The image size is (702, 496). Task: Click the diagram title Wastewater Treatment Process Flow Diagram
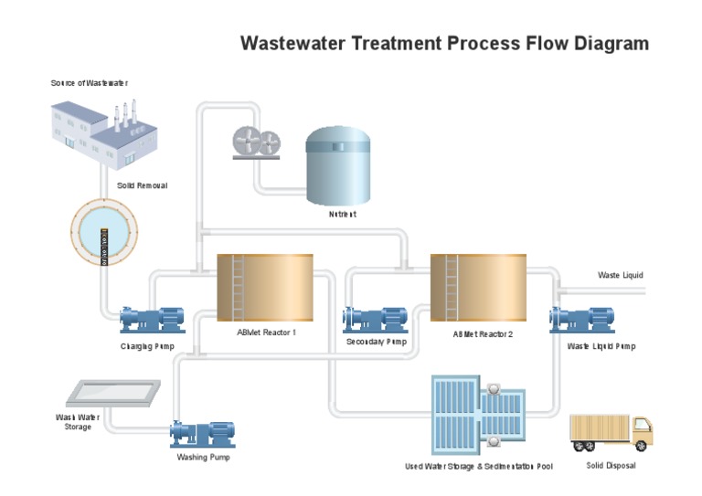coord(444,43)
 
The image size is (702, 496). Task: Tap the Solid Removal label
coord(142,185)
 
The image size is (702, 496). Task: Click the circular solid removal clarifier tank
coord(103,233)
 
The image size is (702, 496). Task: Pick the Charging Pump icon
coord(152,319)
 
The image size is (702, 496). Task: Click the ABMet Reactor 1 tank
coord(265,288)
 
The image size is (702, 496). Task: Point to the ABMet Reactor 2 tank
coord(479,289)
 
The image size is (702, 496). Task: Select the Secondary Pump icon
coord(375,319)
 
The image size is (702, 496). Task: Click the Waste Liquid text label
coord(620,275)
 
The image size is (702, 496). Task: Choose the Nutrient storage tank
coord(338,165)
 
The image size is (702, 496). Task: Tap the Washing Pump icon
coord(203,433)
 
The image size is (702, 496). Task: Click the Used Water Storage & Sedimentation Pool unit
coord(478,415)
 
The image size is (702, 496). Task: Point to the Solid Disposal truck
coord(611,432)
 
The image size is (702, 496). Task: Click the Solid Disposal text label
coord(611,466)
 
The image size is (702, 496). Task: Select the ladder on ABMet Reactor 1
coord(238,287)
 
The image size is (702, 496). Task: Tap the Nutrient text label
coord(342,215)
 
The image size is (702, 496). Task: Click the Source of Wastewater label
coord(89,83)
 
